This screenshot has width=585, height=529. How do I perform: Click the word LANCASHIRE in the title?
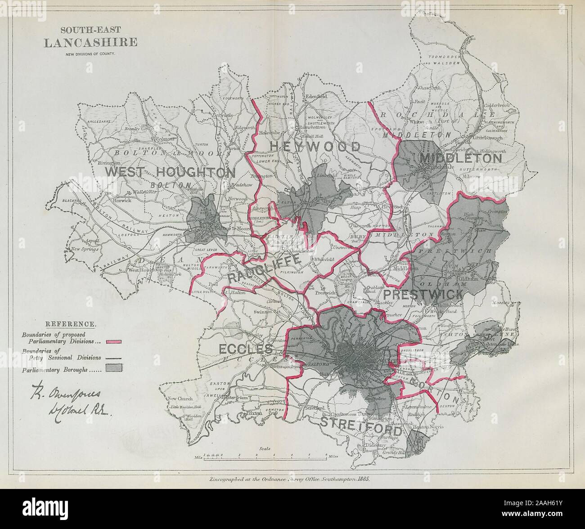[90, 43]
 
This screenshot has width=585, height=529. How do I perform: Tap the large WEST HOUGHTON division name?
[170, 172]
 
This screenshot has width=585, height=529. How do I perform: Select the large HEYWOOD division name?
[315, 147]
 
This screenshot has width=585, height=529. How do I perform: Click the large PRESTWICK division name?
[423, 295]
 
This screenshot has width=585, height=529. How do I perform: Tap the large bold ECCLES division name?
[245, 349]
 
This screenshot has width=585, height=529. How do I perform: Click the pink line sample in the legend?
[115, 341]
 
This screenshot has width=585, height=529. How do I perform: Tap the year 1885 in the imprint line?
[360, 480]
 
